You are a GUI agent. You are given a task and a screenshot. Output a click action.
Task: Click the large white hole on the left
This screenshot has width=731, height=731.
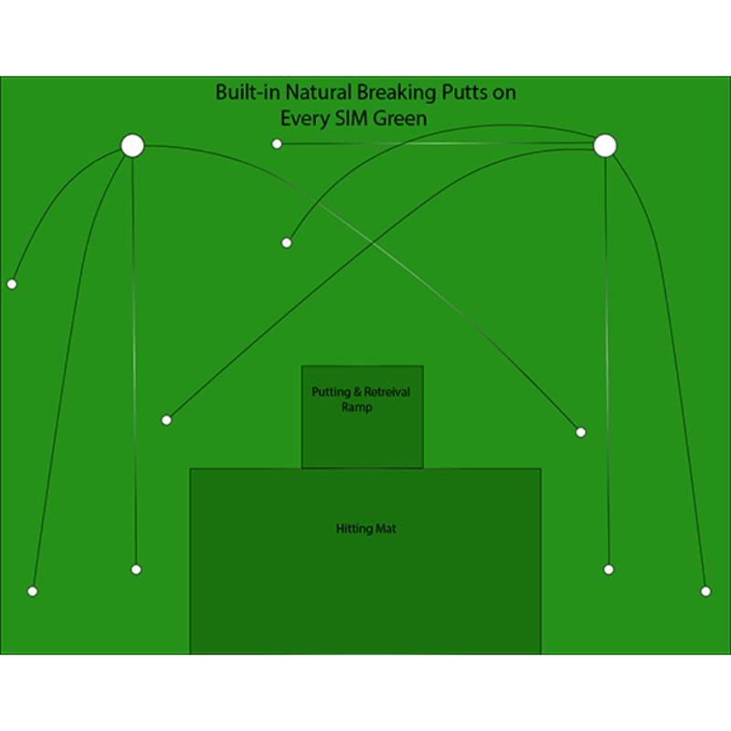132,146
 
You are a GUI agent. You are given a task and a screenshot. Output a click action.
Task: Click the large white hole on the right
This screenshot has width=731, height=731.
605,146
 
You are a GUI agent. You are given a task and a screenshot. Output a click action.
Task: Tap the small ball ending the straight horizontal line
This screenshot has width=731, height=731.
277,144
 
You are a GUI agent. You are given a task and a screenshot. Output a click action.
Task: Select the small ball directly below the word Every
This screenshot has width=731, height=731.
287,243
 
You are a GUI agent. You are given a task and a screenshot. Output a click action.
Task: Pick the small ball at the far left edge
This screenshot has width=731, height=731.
12,284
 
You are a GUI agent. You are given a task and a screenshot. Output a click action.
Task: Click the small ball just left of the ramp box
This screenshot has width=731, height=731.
166,420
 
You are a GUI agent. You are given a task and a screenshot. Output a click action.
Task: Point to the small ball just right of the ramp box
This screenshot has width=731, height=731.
581,432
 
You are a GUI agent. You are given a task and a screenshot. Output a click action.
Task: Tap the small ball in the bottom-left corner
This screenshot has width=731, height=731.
33,591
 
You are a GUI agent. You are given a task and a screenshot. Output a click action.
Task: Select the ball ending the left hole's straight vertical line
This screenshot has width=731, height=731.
136,569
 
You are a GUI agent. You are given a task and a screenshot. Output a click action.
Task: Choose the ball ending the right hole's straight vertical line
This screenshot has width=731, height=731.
609,569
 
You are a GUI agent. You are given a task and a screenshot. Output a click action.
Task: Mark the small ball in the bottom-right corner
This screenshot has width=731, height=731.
705,591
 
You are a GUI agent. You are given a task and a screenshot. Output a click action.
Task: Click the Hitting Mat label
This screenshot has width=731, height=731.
366,529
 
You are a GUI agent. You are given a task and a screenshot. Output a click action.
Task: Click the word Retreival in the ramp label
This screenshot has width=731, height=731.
387,392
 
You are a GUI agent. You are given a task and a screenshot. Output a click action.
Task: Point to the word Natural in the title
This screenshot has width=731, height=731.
318,92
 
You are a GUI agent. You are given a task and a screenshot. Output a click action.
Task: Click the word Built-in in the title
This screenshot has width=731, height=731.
248,92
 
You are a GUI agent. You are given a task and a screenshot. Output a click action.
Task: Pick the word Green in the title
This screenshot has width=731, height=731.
400,119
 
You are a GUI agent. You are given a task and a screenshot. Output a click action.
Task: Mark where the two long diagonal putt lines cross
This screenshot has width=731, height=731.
373,242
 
